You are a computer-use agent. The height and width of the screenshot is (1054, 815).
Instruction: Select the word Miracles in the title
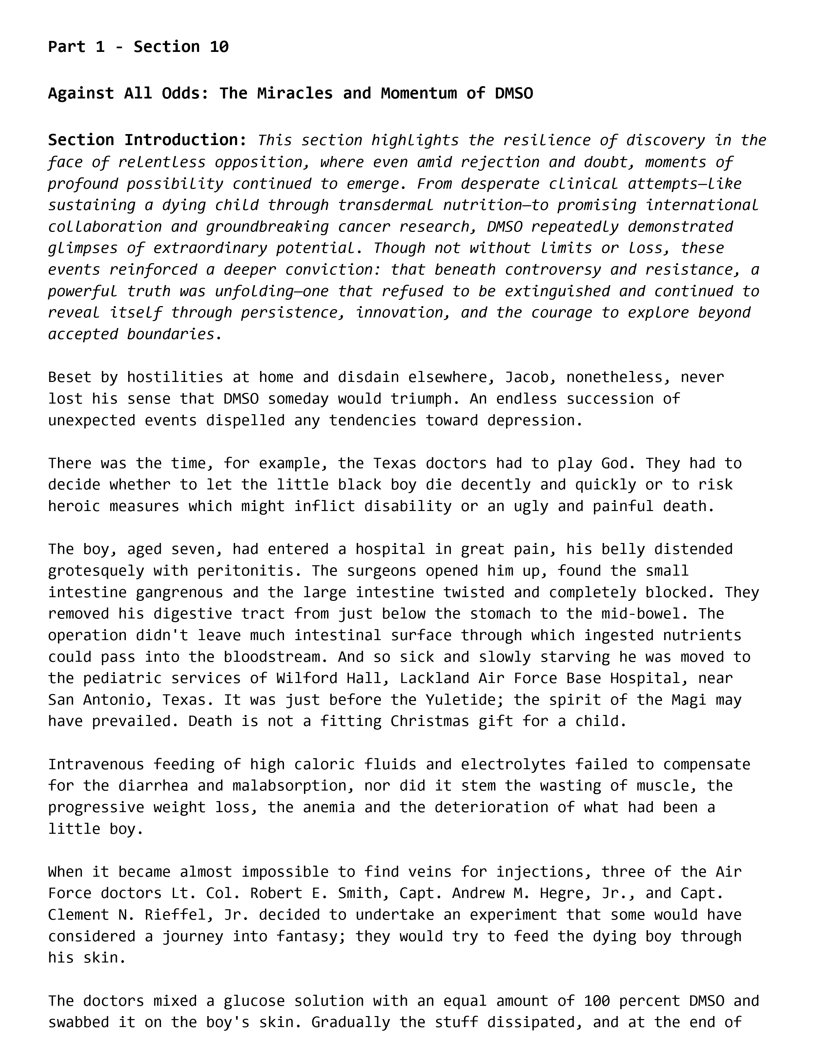pyautogui.click(x=295, y=93)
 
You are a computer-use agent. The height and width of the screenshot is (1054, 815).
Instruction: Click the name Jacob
pyautogui.click(x=527, y=377)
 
